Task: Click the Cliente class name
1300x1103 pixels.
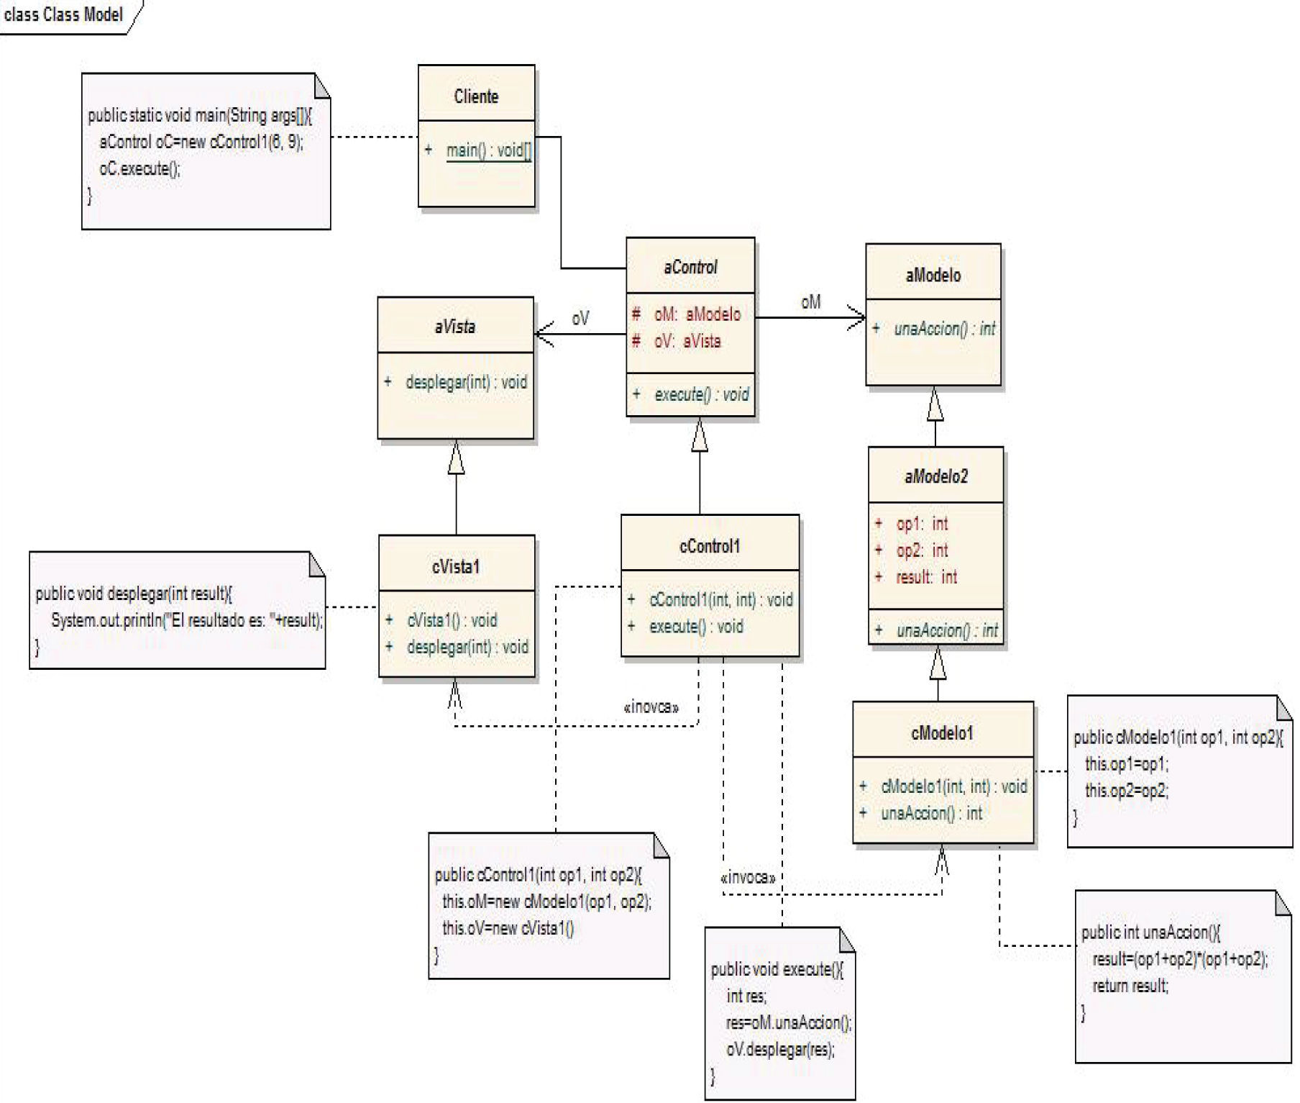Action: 476,96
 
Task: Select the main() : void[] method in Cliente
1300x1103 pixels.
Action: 487,150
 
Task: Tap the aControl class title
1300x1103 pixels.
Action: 690,268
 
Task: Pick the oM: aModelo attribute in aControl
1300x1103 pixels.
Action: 696,314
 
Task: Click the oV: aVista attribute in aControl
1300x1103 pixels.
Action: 687,341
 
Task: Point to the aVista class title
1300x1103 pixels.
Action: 454,327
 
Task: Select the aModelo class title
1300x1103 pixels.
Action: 933,275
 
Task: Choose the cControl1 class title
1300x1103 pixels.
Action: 709,547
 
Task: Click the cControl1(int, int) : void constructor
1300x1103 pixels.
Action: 720,600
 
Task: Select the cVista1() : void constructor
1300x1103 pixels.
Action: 452,620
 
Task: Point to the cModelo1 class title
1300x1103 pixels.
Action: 942,733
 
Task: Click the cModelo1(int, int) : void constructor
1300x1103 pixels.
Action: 953,786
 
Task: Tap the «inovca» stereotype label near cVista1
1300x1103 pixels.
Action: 651,707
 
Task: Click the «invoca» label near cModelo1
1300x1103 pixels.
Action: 748,878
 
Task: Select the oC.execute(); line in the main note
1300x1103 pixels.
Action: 139,169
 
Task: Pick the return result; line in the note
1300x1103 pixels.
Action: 1130,986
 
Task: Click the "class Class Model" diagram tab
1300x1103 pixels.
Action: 63,14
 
